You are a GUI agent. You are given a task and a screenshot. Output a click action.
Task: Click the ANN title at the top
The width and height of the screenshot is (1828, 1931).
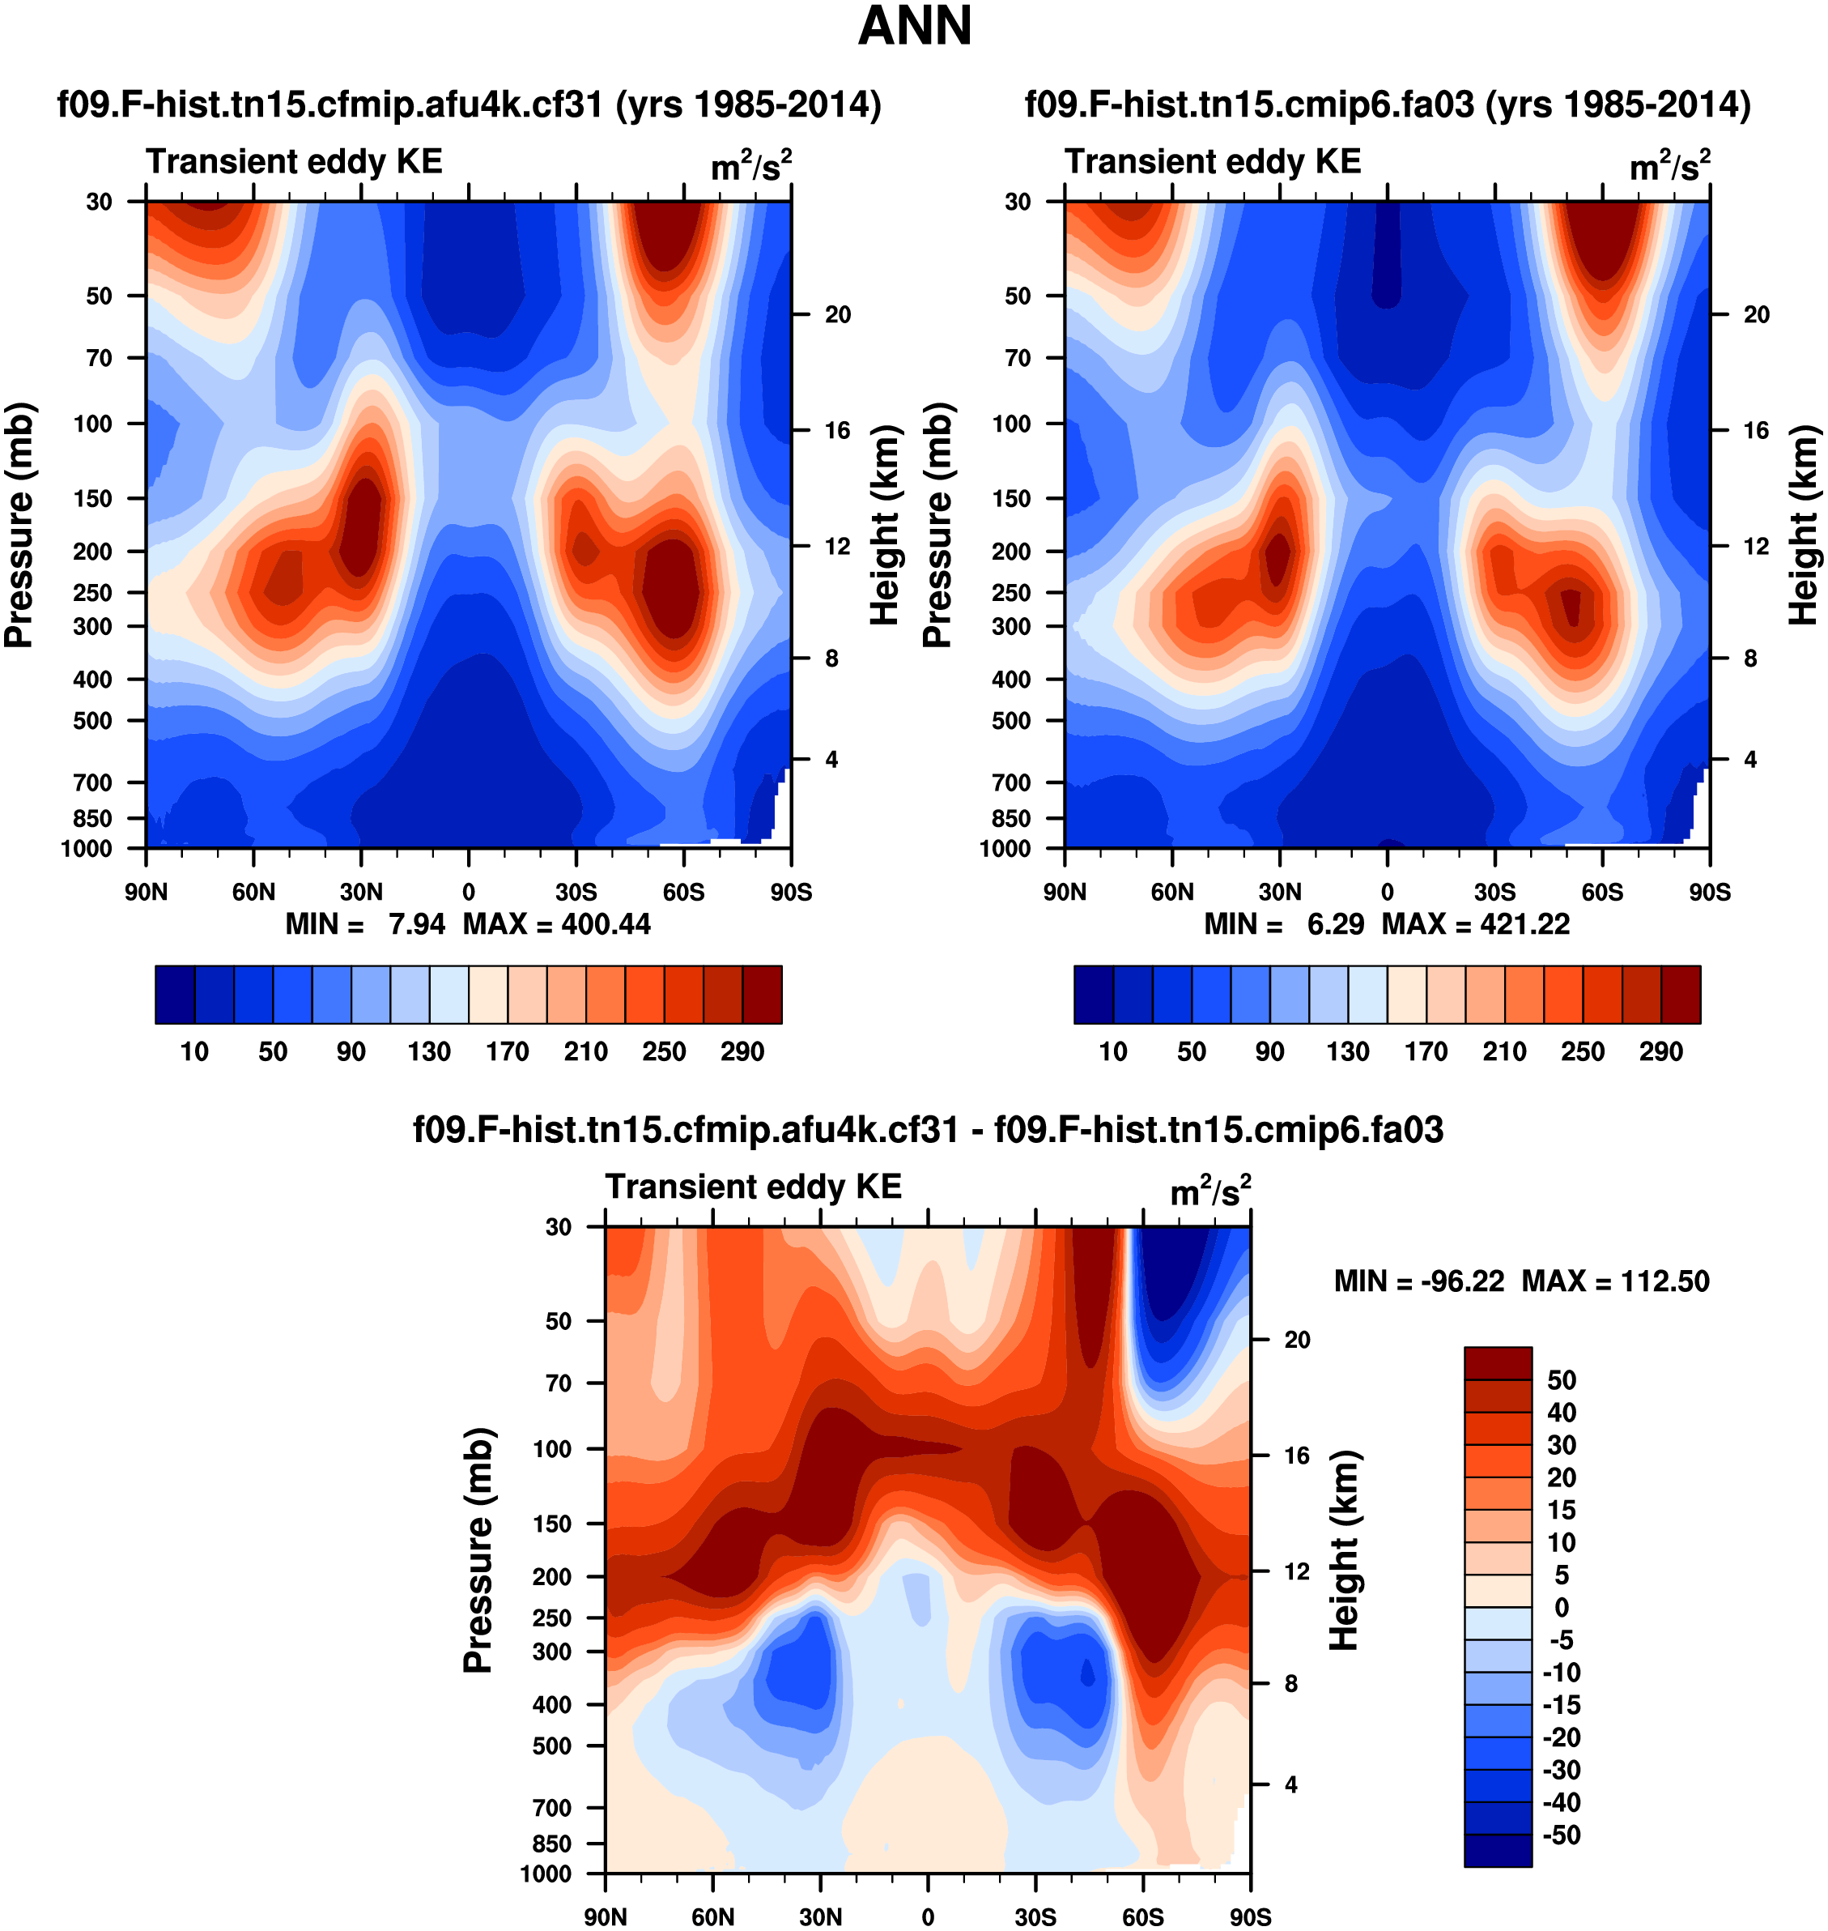coord(914,26)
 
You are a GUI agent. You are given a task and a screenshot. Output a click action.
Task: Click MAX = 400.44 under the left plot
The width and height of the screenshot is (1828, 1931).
coord(556,923)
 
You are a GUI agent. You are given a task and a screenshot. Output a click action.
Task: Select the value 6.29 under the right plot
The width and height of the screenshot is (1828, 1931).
coord(1335,923)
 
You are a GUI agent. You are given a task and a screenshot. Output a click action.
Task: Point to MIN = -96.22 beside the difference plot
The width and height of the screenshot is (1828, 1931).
coord(1418,1281)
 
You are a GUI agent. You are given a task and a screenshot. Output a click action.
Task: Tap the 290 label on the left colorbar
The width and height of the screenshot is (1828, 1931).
coord(742,1051)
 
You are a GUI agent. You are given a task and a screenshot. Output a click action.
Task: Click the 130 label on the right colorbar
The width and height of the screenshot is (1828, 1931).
coord(1348,1051)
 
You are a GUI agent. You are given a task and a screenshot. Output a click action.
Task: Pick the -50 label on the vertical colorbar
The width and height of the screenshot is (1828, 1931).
coord(1561,1835)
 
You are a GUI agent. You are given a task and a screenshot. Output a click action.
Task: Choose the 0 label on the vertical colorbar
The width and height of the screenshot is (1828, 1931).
coord(1561,1607)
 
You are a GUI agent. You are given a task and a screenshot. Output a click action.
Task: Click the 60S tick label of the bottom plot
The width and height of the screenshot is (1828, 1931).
coord(1142,1916)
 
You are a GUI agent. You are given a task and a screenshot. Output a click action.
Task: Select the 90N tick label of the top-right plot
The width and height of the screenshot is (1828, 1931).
coord(1065,892)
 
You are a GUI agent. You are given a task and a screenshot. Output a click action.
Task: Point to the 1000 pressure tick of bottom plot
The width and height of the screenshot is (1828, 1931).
coord(546,1873)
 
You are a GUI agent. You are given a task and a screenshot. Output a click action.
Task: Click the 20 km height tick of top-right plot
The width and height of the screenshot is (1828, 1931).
coord(1756,314)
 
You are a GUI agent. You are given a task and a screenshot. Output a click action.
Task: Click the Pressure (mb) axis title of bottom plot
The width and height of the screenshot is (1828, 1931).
coord(478,1549)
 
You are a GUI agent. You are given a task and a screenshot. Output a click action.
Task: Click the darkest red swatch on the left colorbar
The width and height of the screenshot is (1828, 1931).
coord(762,995)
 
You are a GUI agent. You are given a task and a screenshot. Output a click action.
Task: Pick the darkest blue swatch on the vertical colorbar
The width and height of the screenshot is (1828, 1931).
coord(1498,1850)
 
